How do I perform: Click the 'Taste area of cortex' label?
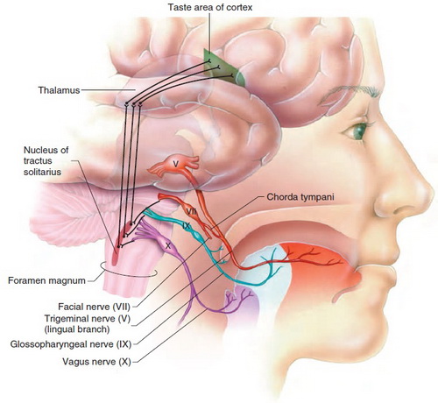coord(210,7)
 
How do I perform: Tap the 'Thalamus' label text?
coord(59,90)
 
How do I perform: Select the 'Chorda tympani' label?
coord(300,197)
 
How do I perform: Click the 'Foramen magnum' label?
coord(46,280)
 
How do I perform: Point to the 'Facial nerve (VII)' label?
coord(94,307)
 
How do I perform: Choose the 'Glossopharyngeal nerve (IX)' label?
coord(71,344)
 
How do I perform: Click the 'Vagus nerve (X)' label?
coord(96,362)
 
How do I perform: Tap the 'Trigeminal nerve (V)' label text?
coord(87,318)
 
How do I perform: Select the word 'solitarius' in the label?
coord(42,172)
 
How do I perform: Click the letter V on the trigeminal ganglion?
coord(175,164)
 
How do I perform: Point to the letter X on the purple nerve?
coord(168,246)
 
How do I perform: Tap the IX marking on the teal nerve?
coord(187,225)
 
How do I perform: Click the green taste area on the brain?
coord(223,68)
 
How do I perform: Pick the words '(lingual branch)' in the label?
coord(77,329)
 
